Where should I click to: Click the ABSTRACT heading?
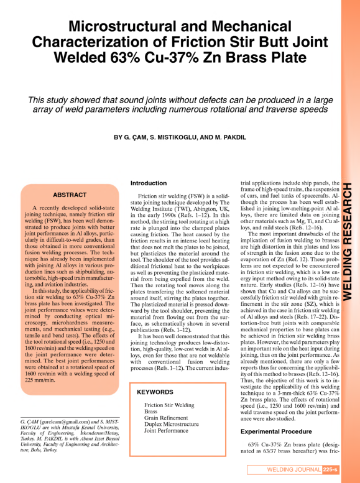point(69,195)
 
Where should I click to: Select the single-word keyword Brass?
point(151,394)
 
